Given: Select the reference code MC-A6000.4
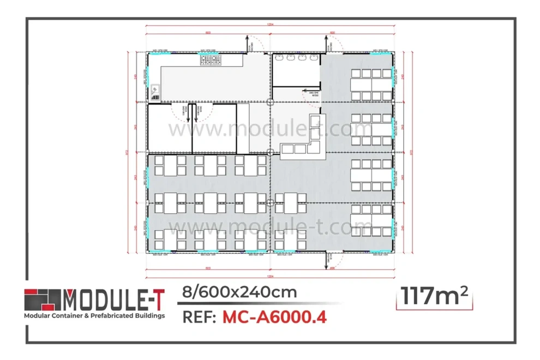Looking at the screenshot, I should click(x=274, y=317).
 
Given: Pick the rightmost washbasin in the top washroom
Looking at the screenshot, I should click(x=315, y=57).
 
